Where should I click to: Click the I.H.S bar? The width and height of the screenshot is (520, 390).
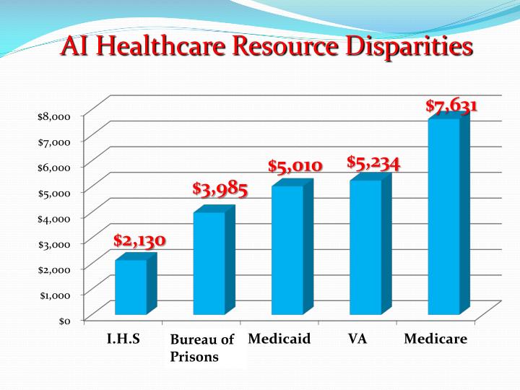(x=131, y=287)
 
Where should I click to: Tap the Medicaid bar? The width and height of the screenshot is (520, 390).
(x=287, y=250)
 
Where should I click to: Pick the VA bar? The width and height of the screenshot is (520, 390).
(x=365, y=247)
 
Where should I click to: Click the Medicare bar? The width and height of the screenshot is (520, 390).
(x=443, y=217)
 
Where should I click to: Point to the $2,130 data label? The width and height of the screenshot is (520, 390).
(x=139, y=240)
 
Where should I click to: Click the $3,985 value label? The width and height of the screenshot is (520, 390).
(x=220, y=190)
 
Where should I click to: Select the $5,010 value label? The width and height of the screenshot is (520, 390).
(x=295, y=167)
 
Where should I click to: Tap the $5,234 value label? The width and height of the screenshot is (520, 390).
(x=373, y=163)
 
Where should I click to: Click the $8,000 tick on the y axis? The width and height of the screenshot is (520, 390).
(x=54, y=116)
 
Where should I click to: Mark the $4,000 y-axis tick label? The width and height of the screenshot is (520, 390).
(x=54, y=217)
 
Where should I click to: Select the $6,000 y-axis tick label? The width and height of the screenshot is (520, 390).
(x=54, y=167)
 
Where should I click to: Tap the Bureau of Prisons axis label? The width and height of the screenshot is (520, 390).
(x=202, y=347)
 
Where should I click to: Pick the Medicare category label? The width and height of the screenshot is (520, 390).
(x=435, y=339)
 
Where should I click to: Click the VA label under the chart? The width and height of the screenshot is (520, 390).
(x=357, y=339)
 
